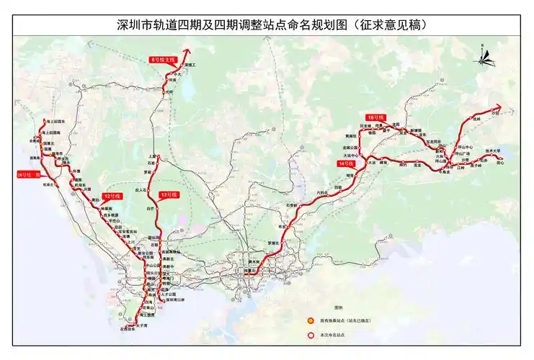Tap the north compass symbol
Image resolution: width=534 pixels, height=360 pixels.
[x=484, y=54]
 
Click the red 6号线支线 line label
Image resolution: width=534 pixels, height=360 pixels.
[x=163, y=59]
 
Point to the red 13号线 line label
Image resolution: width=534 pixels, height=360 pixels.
[x=169, y=194]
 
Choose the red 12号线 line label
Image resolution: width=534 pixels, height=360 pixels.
[x=110, y=196]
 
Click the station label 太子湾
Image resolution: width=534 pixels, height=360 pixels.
[x=141, y=325]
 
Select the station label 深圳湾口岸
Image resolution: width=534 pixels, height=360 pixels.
[x=174, y=301]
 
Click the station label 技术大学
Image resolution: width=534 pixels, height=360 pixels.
[x=492, y=150]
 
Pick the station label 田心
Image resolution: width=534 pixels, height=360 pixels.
[x=500, y=163]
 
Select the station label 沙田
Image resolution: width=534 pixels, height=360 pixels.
[x=494, y=113]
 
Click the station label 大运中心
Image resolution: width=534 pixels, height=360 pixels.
[x=351, y=154]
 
